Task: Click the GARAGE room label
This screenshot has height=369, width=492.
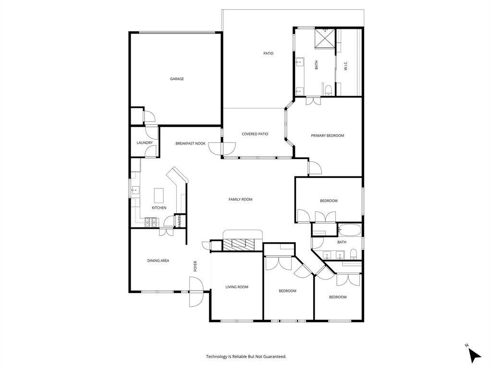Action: (177, 79)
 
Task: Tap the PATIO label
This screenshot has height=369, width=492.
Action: (268, 53)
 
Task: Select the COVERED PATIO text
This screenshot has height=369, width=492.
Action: (255, 134)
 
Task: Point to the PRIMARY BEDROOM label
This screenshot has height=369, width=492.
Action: (327, 135)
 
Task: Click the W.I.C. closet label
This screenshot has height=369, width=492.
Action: (346, 65)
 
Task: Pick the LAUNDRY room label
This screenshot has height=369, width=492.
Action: (145, 143)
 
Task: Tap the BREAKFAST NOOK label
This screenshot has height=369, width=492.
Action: (190, 143)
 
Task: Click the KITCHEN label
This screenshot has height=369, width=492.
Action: (159, 208)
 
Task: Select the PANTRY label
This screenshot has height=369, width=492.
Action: (180, 221)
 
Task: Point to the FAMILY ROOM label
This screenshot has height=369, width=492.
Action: (240, 199)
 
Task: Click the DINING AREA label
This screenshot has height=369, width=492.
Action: (158, 260)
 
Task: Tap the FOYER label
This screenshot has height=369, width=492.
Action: (195, 266)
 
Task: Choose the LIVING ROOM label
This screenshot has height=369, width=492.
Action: (237, 287)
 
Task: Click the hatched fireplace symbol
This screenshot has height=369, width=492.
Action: (238, 244)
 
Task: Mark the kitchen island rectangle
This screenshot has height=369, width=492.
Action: (159, 196)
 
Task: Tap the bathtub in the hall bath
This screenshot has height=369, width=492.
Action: (350, 230)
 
